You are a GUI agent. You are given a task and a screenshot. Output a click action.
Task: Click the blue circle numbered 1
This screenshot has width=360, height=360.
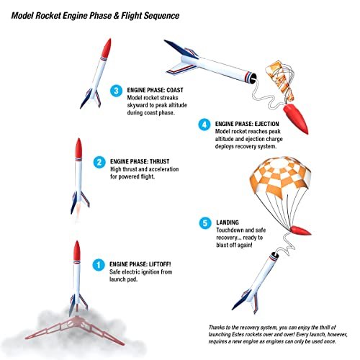99,265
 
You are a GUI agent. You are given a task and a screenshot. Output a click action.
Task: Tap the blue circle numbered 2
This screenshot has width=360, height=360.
99,162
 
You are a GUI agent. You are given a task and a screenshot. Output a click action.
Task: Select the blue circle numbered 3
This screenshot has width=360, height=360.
117,91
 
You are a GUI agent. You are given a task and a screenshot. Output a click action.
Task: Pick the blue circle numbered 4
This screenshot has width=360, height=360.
204,125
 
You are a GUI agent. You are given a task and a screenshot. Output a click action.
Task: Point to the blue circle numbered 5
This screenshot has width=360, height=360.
205,223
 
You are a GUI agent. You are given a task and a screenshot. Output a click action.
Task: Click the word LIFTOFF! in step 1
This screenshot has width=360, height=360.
160,264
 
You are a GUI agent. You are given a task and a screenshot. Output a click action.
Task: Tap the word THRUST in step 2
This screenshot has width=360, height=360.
160,161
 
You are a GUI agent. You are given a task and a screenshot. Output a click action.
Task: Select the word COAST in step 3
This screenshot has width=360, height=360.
175,90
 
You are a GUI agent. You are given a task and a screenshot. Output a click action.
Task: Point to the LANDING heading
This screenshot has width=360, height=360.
228,222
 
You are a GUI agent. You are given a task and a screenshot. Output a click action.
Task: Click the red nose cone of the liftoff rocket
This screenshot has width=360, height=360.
77,251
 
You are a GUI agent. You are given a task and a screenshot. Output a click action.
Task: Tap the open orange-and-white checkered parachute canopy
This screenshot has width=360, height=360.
280,176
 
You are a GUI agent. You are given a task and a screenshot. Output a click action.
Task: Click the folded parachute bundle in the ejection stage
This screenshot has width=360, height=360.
280,81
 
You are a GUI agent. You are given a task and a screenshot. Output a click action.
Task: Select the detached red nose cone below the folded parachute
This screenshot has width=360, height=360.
296,119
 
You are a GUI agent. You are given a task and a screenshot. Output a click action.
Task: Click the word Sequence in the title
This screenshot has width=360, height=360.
161,16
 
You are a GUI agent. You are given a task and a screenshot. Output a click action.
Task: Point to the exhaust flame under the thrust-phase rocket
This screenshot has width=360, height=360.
78,211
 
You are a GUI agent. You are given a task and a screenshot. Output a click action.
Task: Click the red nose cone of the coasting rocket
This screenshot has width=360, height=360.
107,48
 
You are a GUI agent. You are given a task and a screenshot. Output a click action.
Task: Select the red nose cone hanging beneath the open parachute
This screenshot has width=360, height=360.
300,230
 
